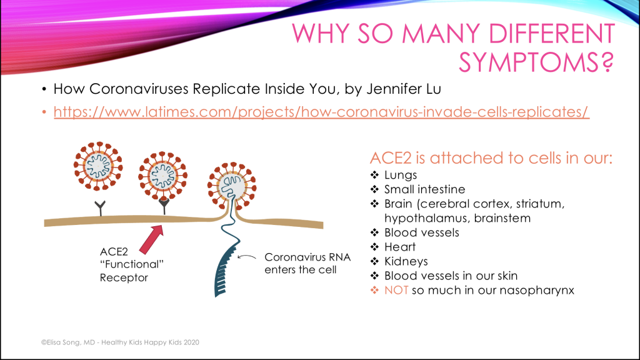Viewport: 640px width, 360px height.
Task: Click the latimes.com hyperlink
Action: (321, 112)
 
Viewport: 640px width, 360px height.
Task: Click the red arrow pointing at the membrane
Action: (151, 239)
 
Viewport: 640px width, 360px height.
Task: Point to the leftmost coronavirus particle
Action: (98, 166)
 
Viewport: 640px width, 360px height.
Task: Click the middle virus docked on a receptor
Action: (163, 176)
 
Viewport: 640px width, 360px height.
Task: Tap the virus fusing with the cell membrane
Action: (232, 186)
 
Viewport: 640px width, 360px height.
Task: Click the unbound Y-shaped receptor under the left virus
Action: (100, 207)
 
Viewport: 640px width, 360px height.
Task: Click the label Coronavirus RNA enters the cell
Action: (307, 263)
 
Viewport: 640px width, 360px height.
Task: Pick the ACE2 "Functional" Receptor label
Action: (131, 264)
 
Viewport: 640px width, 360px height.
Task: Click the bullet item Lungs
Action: (401, 175)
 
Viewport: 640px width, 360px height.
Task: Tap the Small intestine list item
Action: (424, 189)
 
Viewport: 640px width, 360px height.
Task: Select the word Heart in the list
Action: (400, 247)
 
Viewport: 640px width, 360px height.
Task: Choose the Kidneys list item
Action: (406, 261)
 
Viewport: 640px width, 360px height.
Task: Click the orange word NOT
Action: (396, 290)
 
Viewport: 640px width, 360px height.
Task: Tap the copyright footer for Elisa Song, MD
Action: (120, 342)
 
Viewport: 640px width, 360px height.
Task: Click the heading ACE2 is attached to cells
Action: (491, 158)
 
